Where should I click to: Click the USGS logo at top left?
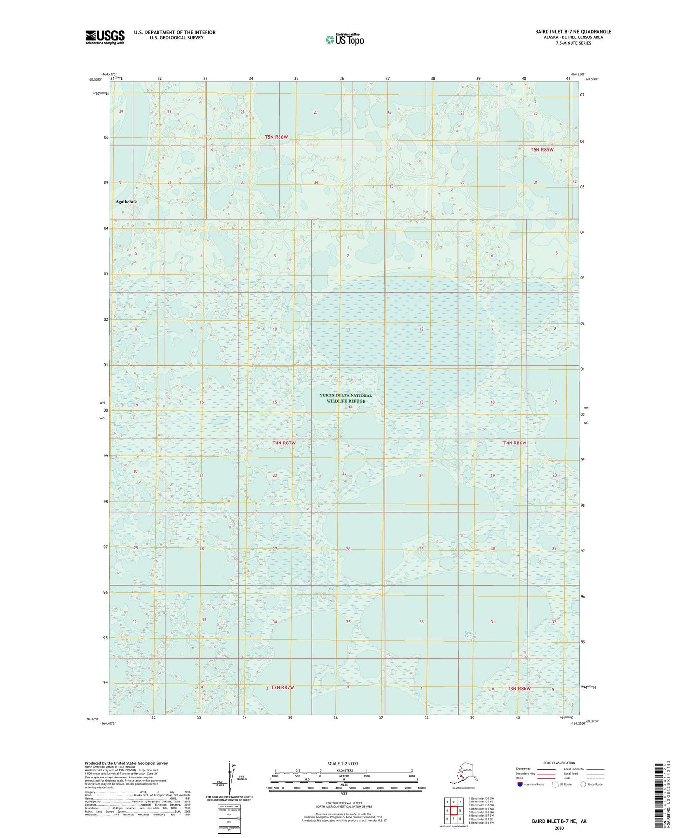pyautogui.click(x=105, y=37)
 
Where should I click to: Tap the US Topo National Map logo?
pyautogui.click(x=344, y=39)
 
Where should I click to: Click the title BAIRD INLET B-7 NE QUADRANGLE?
pyautogui.click(x=573, y=32)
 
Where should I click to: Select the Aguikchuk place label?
pyautogui.click(x=126, y=202)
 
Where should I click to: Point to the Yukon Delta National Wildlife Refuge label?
pyautogui.click(x=346, y=398)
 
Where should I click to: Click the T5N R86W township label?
pyautogui.click(x=276, y=137)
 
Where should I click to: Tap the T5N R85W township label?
pyautogui.click(x=542, y=150)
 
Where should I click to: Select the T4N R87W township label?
pyautogui.click(x=284, y=443)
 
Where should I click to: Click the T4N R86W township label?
pyautogui.click(x=515, y=443)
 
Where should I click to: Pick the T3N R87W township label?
pyautogui.click(x=282, y=688)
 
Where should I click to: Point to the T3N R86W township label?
pyautogui.click(x=519, y=689)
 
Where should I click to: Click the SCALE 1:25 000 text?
pyautogui.click(x=342, y=763)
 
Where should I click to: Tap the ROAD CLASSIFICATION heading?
pyautogui.click(x=559, y=763)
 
